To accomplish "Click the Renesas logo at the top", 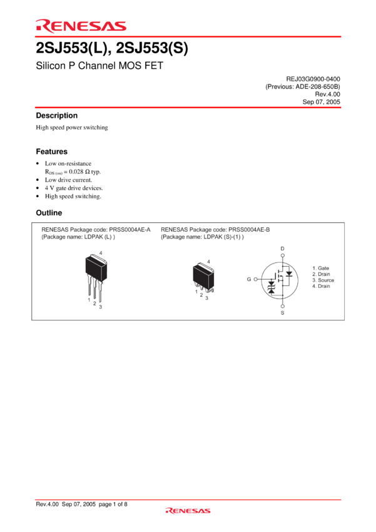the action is pyautogui.click(x=81, y=26).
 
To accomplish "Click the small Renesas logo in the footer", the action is pyautogui.click(x=188, y=511).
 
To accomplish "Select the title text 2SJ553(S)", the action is pyautogui.click(x=152, y=48).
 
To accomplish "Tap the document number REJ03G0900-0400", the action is pyautogui.click(x=313, y=79).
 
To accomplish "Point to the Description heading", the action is pyautogui.click(x=57, y=115).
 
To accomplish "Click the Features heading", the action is pyautogui.click(x=51, y=151).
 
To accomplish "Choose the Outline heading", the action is pyautogui.click(x=49, y=213).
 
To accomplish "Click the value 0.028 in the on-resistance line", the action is pyautogui.click(x=76, y=171).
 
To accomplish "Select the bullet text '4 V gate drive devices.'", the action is pyautogui.click(x=74, y=188).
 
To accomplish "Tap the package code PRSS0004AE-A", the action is pyautogui.click(x=130, y=230).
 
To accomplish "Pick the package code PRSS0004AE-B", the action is pyautogui.click(x=249, y=230).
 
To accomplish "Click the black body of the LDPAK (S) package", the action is pyautogui.click(x=203, y=276).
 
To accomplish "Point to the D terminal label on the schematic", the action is pyautogui.click(x=282, y=248).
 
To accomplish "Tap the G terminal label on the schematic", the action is pyautogui.click(x=249, y=279).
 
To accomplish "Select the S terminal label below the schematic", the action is pyautogui.click(x=282, y=313).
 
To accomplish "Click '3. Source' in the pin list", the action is pyautogui.click(x=323, y=280).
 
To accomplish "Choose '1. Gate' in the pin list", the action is pyautogui.click(x=321, y=268).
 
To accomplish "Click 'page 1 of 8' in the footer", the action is pyautogui.click(x=113, y=504).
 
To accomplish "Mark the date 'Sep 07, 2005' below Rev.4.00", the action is pyautogui.click(x=322, y=102).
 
